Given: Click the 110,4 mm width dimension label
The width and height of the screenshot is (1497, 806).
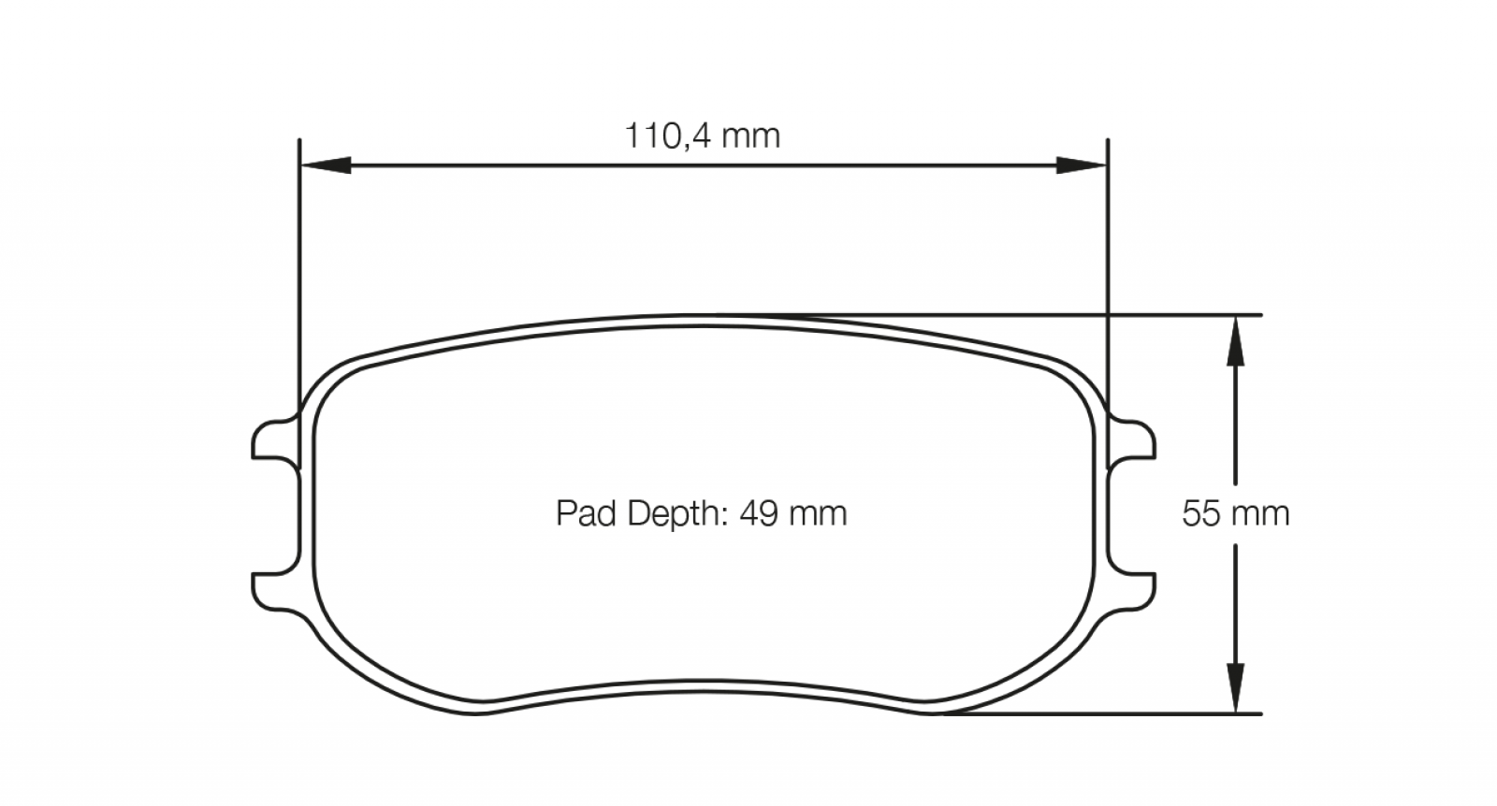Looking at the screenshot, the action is [x=703, y=137].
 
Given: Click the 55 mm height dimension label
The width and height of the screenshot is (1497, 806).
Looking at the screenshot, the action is [x=1236, y=513].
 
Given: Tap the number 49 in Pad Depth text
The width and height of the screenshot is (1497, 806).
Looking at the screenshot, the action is [x=759, y=513].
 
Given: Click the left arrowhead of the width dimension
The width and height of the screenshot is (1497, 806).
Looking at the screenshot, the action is [x=327, y=165].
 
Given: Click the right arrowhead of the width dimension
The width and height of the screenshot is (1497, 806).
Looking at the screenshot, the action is [x=1082, y=165].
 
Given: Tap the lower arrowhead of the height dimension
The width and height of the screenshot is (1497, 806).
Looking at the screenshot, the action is [x=1235, y=687].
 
